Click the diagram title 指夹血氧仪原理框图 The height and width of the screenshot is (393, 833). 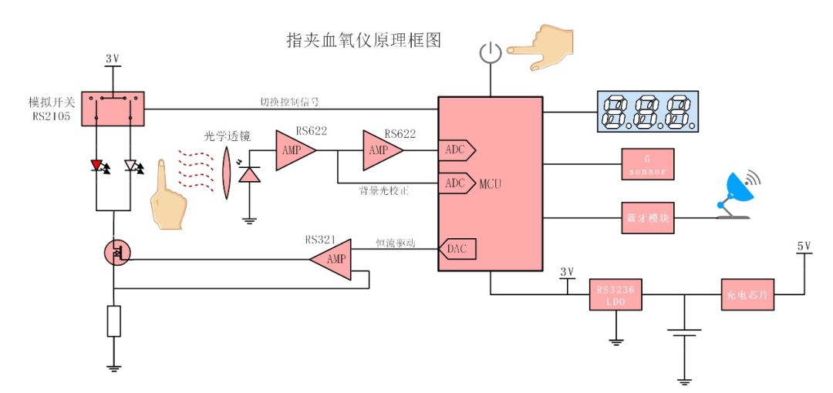coord(363,41)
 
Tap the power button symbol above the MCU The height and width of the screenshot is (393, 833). coord(491,53)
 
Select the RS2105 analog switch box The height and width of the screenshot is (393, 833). coord(113,109)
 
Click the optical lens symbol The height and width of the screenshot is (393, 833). coord(227,173)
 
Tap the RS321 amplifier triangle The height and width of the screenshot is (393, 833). coord(332,259)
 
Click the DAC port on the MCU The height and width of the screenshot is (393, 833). coord(458,248)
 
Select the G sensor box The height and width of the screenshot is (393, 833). coord(647,163)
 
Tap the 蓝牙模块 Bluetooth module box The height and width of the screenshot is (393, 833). coord(647,217)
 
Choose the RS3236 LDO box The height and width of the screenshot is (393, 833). coord(615,294)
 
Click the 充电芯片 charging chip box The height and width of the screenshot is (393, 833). coord(747,294)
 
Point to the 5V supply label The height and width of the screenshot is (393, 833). coord(804,247)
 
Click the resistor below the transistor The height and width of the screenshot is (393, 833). coord(114,321)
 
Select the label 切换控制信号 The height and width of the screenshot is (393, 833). coord(290,101)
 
